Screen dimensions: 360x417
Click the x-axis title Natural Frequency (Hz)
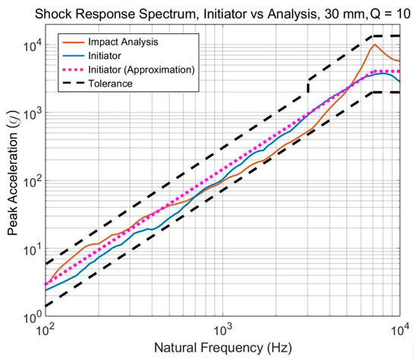point(222,349)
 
